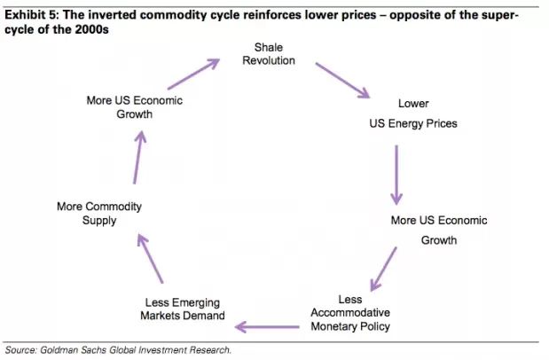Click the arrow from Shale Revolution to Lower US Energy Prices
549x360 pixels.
[x=341, y=79]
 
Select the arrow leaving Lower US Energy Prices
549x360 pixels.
[x=396, y=174]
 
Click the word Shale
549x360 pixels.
[x=268, y=46]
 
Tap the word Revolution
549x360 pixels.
[x=268, y=60]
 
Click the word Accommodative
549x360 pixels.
[x=350, y=313]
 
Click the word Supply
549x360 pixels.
[x=99, y=221]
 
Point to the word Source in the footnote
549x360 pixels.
[x=23, y=349]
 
